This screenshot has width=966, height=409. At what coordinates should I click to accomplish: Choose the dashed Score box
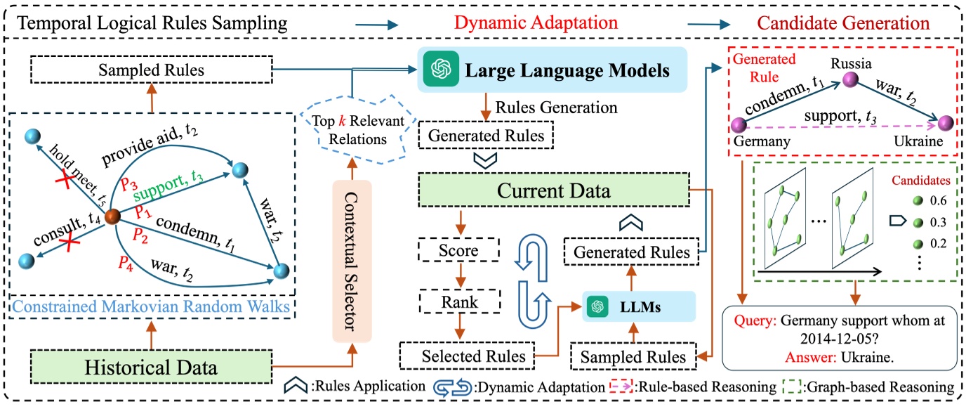click(459, 250)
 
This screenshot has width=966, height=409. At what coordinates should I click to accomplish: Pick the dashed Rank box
click(459, 303)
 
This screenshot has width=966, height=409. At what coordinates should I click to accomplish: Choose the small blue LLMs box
click(637, 306)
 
